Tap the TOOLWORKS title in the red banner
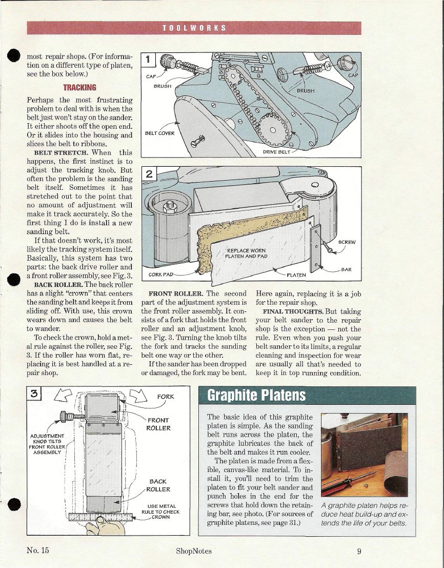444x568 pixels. coord(194,28)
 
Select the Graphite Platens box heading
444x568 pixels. coord(256,395)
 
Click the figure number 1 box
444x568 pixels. coord(148,60)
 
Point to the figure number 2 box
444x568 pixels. coord(148,174)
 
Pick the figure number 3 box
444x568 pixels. coord(34,395)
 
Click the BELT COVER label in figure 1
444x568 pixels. coord(160,134)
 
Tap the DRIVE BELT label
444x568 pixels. coord(277,152)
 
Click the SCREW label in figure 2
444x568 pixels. coord(347,242)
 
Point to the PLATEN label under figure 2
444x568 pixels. coord(296,275)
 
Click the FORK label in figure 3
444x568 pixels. coord(166,397)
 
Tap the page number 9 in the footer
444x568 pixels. coord(359,552)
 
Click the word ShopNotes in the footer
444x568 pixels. coord(193,552)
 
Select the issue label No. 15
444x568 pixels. coord(38,551)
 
